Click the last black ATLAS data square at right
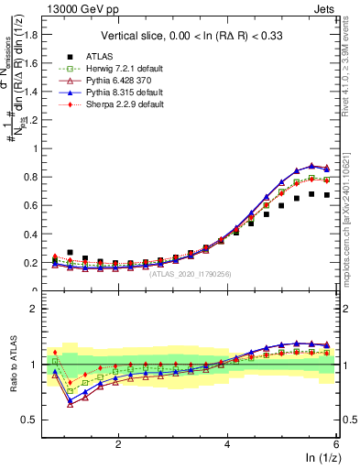tap(327, 195)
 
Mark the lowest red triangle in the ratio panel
tap(71, 403)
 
